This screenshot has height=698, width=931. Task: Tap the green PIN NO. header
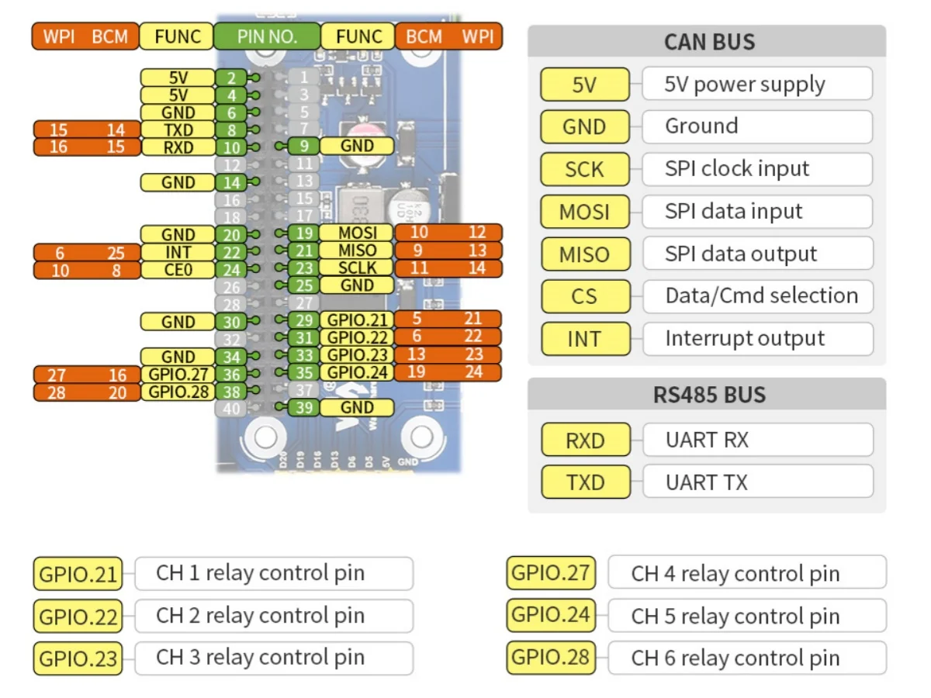tap(267, 36)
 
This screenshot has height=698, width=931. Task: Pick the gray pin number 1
tap(303, 78)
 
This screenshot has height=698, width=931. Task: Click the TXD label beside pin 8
tap(178, 130)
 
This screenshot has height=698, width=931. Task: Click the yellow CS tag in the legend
tap(584, 296)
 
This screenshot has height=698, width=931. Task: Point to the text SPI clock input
tap(736, 169)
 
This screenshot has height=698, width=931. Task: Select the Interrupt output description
tap(744, 339)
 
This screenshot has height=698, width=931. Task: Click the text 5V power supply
tap(744, 85)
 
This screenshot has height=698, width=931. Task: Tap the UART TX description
tap(706, 482)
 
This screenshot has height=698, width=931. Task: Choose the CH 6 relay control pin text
tap(735, 658)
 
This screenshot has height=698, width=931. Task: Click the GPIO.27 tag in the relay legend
tap(551, 574)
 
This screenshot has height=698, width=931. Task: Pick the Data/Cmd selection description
tap(761, 295)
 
